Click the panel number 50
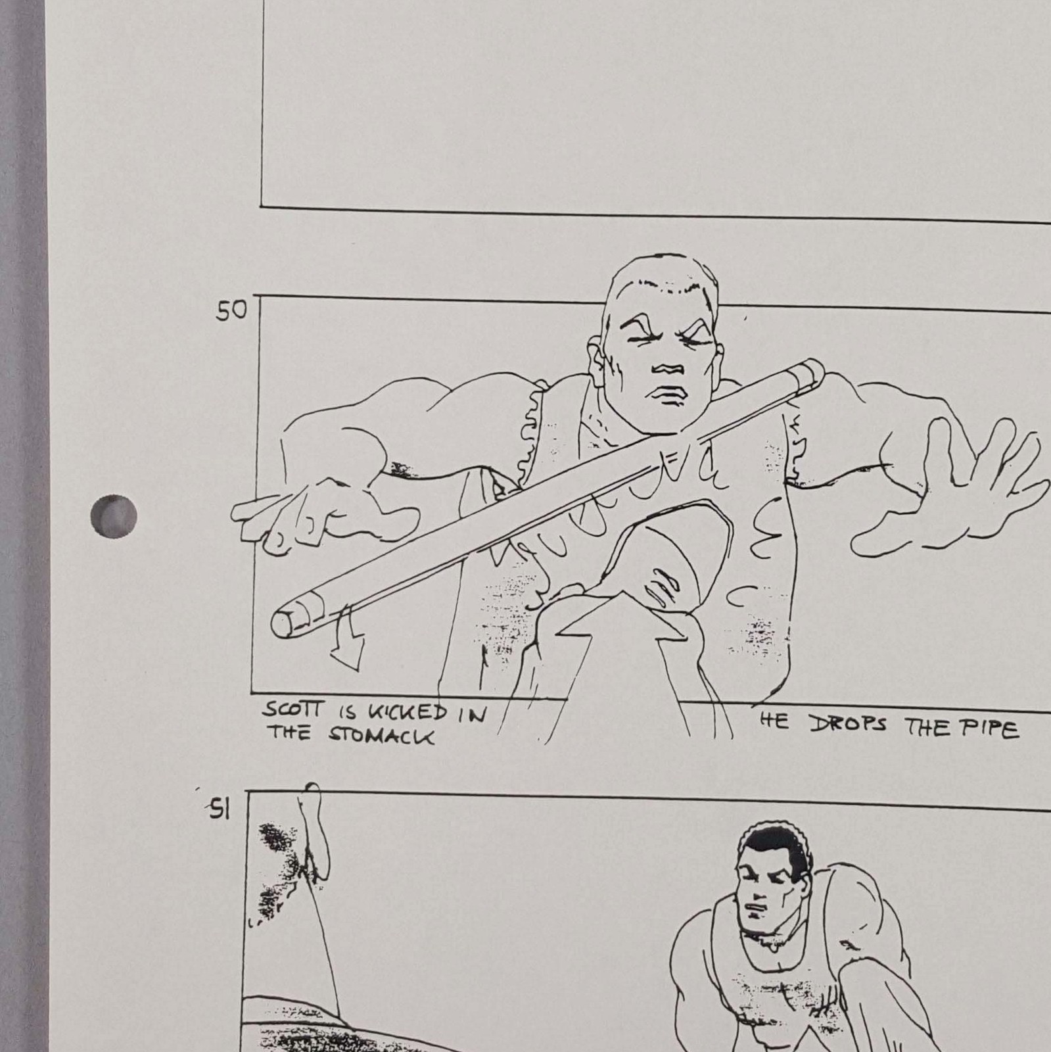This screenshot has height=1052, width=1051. point(231,310)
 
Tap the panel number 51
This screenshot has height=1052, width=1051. point(219,811)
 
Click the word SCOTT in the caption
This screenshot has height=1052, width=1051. point(294,710)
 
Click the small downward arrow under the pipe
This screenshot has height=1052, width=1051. point(346,636)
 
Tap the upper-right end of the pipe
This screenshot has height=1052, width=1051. point(812,371)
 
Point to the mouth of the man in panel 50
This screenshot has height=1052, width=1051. point(667,394)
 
